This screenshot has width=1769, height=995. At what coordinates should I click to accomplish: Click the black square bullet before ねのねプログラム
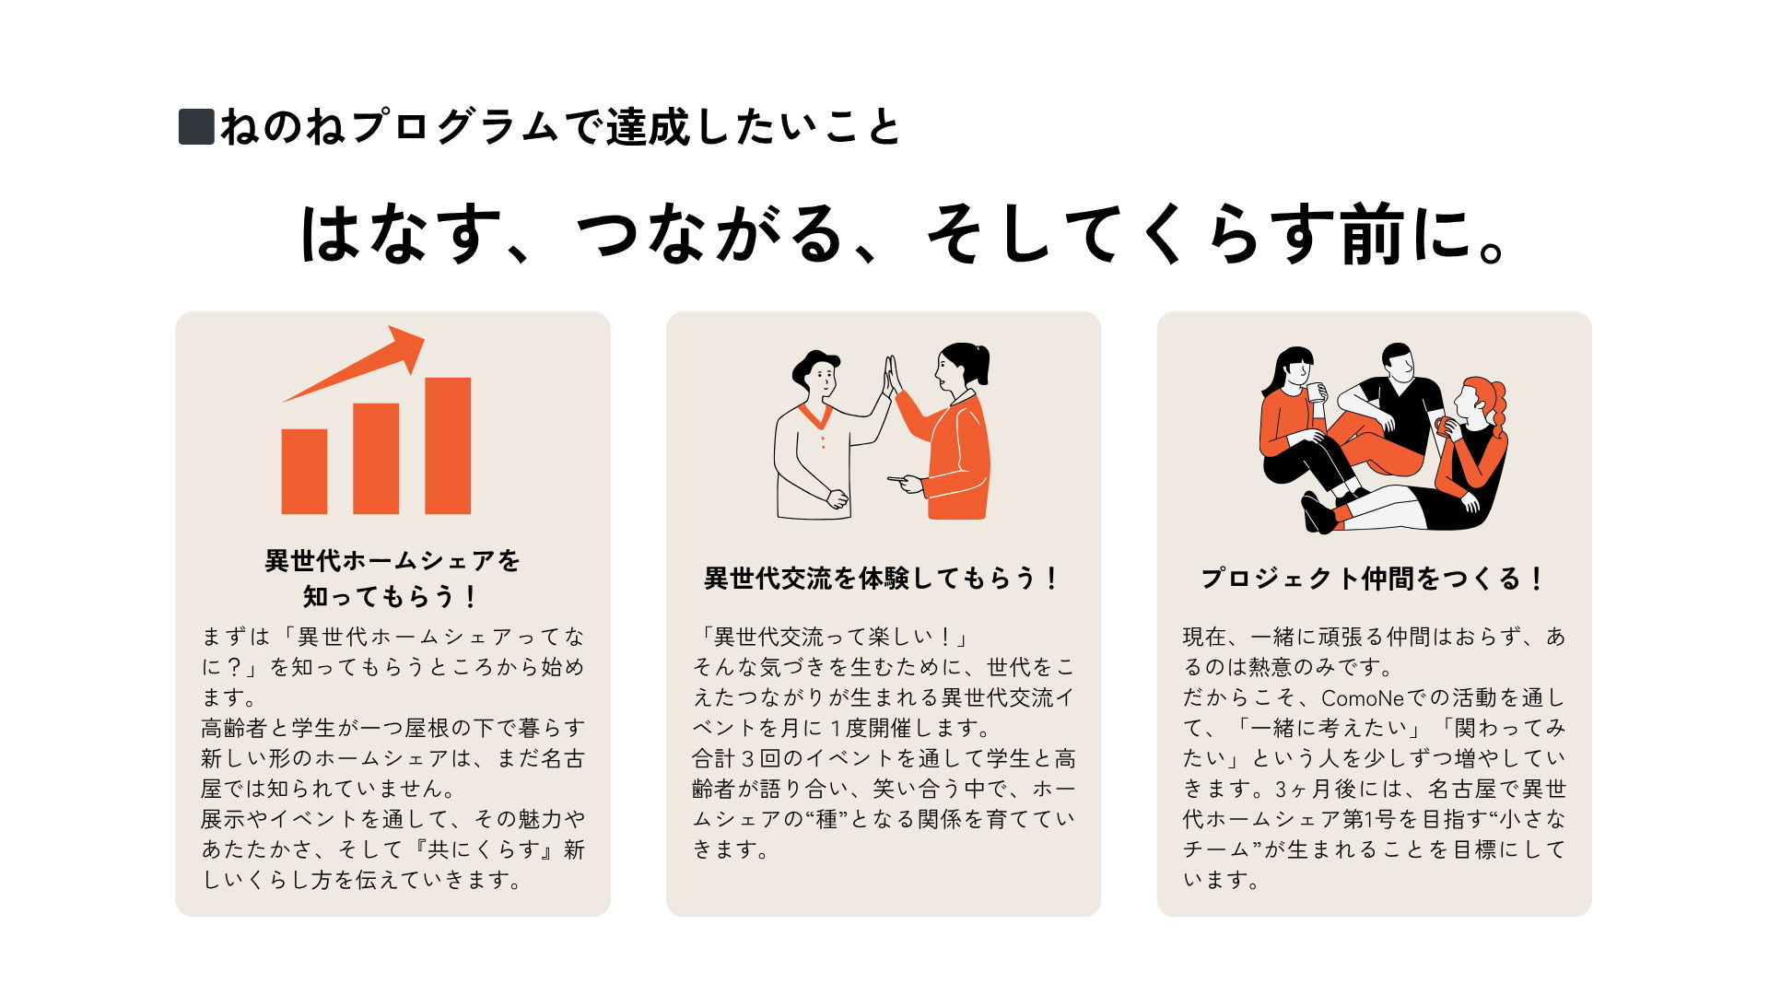[x=196, y=127]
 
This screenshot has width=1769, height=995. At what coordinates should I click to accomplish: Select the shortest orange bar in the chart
[x=304, y=471]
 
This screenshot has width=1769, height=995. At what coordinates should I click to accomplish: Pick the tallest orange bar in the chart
[x=448, y=445]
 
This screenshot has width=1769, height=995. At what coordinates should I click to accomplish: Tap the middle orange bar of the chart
[x=376, y=458]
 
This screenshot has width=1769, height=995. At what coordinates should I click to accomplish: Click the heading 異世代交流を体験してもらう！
[x=883, y=579]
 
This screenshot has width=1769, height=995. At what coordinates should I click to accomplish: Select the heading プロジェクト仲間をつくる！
[x=1373, y=579]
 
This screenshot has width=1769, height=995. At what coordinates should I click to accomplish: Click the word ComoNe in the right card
[x=1362, y=698]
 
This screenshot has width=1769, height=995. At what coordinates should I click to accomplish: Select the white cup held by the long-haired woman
[x=1317, y=392]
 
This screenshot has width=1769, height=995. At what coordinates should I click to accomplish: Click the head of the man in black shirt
[x=1399, y=363]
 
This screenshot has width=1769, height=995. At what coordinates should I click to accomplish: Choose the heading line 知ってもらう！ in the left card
[x=392, y=597]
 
